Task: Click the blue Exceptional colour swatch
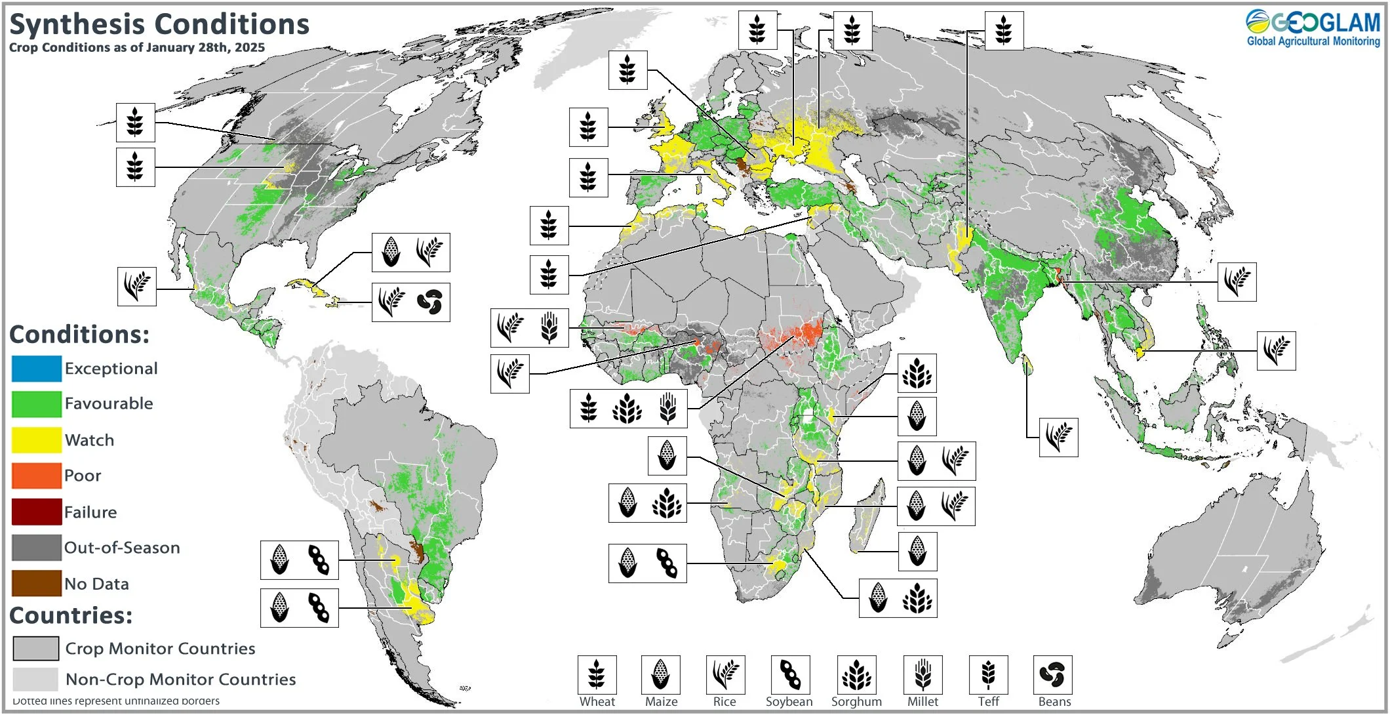[37, 368]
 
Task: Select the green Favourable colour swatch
[37, 403]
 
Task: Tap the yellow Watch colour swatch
[37, 439]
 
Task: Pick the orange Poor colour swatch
[37, 476]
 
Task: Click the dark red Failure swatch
[37, 512]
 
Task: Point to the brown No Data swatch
[37, 583]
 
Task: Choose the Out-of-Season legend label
[122, 548]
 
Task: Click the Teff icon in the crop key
[988, 674]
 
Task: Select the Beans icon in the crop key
[1052, 674]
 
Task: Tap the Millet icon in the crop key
[923, 674]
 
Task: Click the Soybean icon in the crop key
[790, 674]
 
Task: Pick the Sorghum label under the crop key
[856, 702]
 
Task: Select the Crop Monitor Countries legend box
[36, 649]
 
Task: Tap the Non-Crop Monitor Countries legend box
[36, 679]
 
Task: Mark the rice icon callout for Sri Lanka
[1058, 438]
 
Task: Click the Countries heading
[71, 615]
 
